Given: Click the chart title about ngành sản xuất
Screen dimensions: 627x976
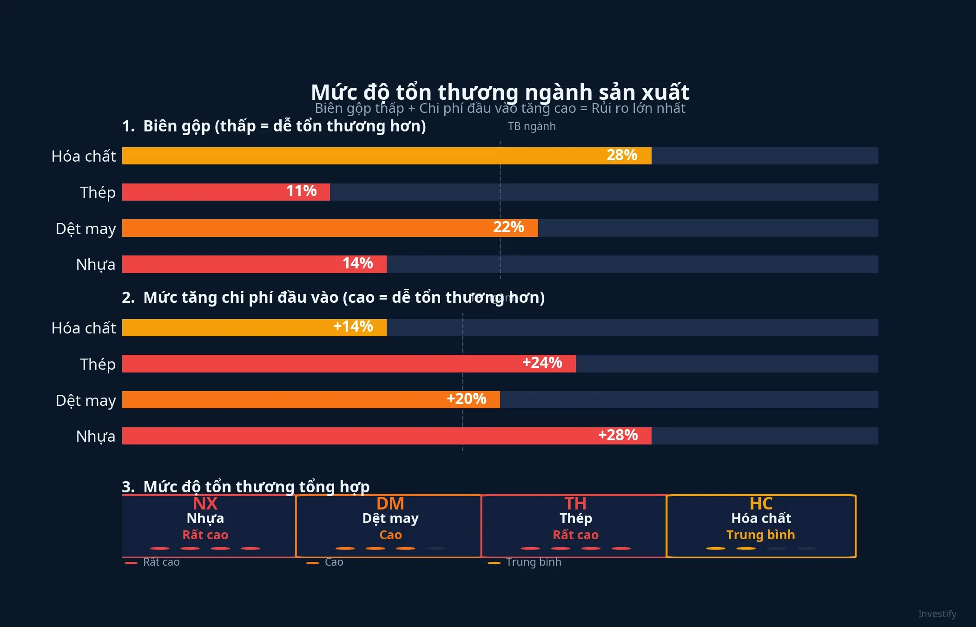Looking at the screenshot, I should click(500, 92).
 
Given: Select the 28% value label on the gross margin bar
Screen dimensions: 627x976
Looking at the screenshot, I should click(621, 155).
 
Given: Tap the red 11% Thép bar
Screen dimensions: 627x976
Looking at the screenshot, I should click(226, 192).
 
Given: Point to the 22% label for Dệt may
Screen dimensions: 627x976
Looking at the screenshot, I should click(508, 227).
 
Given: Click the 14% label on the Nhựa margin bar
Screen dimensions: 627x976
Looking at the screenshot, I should click(357, 263).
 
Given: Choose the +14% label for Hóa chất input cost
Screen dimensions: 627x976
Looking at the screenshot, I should click(353, 327).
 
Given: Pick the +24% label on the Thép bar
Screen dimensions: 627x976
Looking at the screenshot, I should click(542, 363).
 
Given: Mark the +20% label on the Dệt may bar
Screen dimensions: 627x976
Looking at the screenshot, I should click(466, 399).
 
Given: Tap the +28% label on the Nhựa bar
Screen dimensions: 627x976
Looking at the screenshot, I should click(618, 435).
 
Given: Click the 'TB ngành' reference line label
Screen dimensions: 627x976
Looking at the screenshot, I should click(531, 126).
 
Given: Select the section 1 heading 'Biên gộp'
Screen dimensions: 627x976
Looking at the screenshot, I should click(274, 126).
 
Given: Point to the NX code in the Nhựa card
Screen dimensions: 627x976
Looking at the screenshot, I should click(205, 503).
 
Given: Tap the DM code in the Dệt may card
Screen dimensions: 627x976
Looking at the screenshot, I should click(390, 503).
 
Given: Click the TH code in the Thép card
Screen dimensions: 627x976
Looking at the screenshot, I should click(575, 503).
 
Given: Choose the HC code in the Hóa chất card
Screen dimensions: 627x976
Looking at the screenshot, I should click(760, 503).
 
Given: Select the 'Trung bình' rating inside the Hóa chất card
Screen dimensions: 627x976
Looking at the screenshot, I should click(760, 535).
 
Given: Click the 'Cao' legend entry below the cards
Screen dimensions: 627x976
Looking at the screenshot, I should click(333, 562).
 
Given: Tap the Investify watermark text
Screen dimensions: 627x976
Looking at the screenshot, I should click(937, 614).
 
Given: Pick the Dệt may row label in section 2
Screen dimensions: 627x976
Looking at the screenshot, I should click(86, 400).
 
